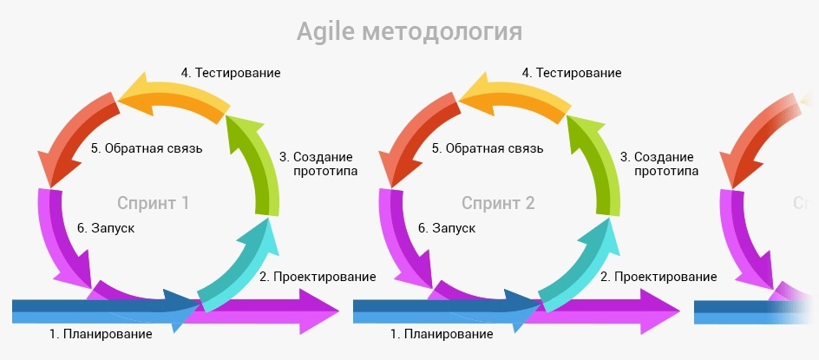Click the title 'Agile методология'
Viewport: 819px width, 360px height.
(x=409, y=32)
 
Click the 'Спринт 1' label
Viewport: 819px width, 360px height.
(x=153, y=204)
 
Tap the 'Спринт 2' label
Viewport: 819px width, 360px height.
(x=498, y=204)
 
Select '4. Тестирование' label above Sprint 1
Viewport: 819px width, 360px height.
(x=231, y=73)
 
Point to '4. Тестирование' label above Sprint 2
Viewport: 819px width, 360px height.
(x=573, y=73)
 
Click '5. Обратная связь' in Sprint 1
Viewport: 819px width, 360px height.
(x=147, y=148)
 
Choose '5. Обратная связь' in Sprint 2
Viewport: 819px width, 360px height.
(x=488, y=148)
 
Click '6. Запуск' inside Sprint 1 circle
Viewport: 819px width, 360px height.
(x=105, y=228)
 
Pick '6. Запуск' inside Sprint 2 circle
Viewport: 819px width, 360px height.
(x=447, y=228)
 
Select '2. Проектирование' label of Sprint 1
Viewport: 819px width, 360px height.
(x=318, y=277)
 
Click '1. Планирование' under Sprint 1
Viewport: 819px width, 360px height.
(x=101, y=333)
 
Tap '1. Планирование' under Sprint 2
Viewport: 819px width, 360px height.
(x=442, y=333)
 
